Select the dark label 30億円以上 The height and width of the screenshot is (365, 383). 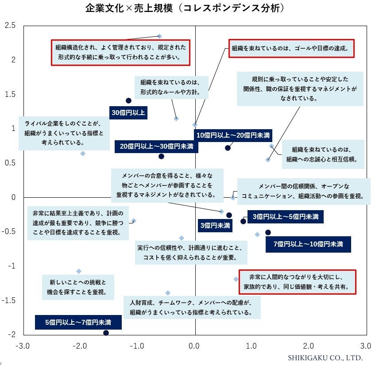128,113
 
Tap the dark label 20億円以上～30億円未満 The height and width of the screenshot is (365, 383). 156,146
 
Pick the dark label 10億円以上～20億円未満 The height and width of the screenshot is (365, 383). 233,134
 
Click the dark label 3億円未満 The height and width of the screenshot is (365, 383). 215,225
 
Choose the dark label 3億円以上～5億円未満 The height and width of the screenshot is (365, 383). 285,217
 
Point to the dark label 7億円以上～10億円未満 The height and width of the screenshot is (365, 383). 308,244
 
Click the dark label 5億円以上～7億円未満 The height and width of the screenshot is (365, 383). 78,322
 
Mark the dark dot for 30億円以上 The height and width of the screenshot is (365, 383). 128,100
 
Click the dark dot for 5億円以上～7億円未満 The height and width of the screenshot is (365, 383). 106,333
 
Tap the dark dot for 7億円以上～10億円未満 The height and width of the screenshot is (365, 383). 268,232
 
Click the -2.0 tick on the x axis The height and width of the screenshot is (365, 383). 80,346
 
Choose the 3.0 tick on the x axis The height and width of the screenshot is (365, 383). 365,346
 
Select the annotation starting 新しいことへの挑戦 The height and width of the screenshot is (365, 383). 78,287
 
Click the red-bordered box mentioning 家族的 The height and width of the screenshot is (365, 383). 297,282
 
